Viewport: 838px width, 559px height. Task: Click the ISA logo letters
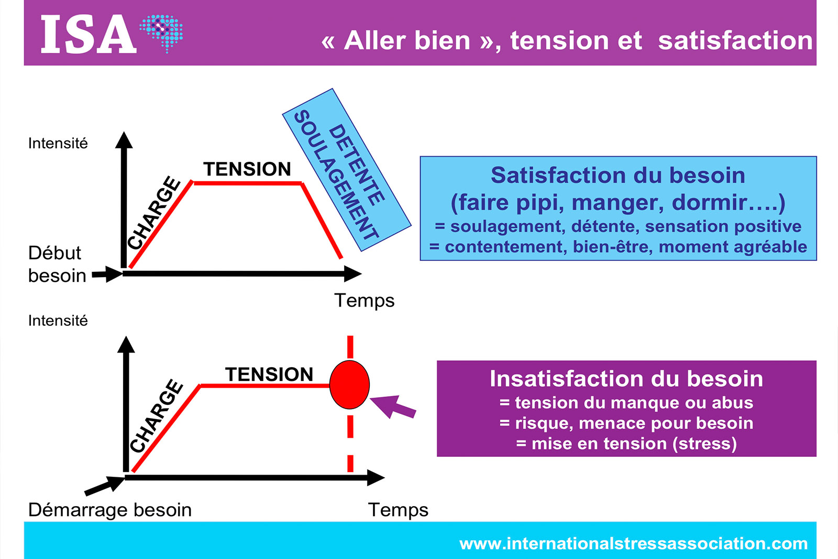pyautogui.click(x=88, y=35)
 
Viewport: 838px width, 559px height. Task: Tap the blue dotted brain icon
pyautogui.click(x=162, y=32)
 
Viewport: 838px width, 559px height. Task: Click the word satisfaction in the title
pyautogui.click(x=735, y=41)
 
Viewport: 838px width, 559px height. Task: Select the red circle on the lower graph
pyautogui.click(x=349, y=385)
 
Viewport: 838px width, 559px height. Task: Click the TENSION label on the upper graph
pyautogui.click(x=247, y=169)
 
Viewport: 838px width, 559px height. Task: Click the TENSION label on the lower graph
pyautogui.click(x=269, y=375)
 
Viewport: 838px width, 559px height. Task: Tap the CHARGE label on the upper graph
pyautogui.click(x=154, y=213)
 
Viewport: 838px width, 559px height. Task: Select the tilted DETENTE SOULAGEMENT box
pyautogui.click(x=346, y=170)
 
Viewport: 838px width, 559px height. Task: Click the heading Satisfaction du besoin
pyautogui.click(x=618, y=176)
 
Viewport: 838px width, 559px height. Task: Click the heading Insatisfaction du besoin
pyautogui.click(x=626, y=379)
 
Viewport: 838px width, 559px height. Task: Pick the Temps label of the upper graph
pyautogui.click(x=364, y=301)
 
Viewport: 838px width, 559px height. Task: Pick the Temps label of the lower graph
pyautogui.click(x=398, y=510)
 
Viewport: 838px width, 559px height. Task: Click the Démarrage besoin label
pyautogui.click(x=110, y=510)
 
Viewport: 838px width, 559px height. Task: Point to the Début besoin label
pyautogui.click(x=57, y=264)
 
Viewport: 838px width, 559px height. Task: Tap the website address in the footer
pyautogui.click(x=633, y=544)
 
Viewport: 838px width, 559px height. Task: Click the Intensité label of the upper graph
pyautogui.click(x=58, y=144)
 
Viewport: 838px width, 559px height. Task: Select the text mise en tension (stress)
pyautogui.click(x=626, y=444)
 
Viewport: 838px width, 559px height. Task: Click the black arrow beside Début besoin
pyautogui.click(x=107, y=273)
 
